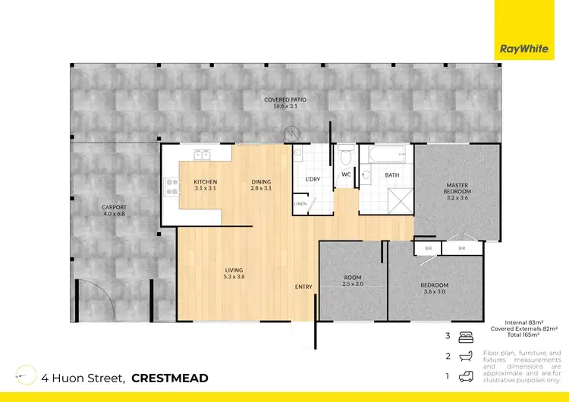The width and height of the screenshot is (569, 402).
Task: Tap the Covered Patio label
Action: coord(284,102)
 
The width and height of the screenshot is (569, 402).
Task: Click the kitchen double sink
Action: coord(202,157)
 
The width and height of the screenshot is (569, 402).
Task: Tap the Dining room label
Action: coord(262,184)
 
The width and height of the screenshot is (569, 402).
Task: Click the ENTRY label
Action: coord(304,286)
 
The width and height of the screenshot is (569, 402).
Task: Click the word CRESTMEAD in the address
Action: coord(169,377)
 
